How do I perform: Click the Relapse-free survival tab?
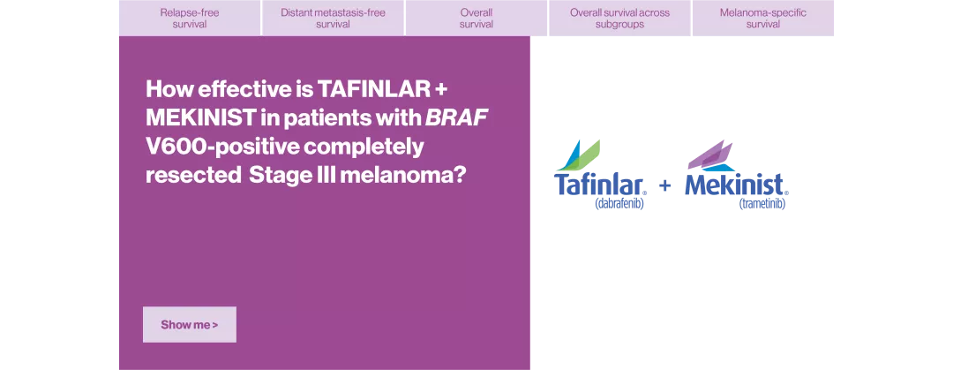point(190,19)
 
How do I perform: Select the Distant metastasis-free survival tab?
point(333,19)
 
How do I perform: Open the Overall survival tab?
point(476,19)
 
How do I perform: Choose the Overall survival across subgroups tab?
point(619,19)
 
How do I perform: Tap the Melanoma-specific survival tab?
point(762,19)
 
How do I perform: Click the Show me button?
point(189,324)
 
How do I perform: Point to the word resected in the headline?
point(191,174)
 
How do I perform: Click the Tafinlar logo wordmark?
point(600,185)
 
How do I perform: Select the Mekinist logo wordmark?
point(737,185)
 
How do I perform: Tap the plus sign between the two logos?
point(665,186)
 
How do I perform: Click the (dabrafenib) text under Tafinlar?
point(620,204)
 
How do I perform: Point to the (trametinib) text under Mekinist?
point(761,204)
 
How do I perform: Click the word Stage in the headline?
point(274,174)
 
